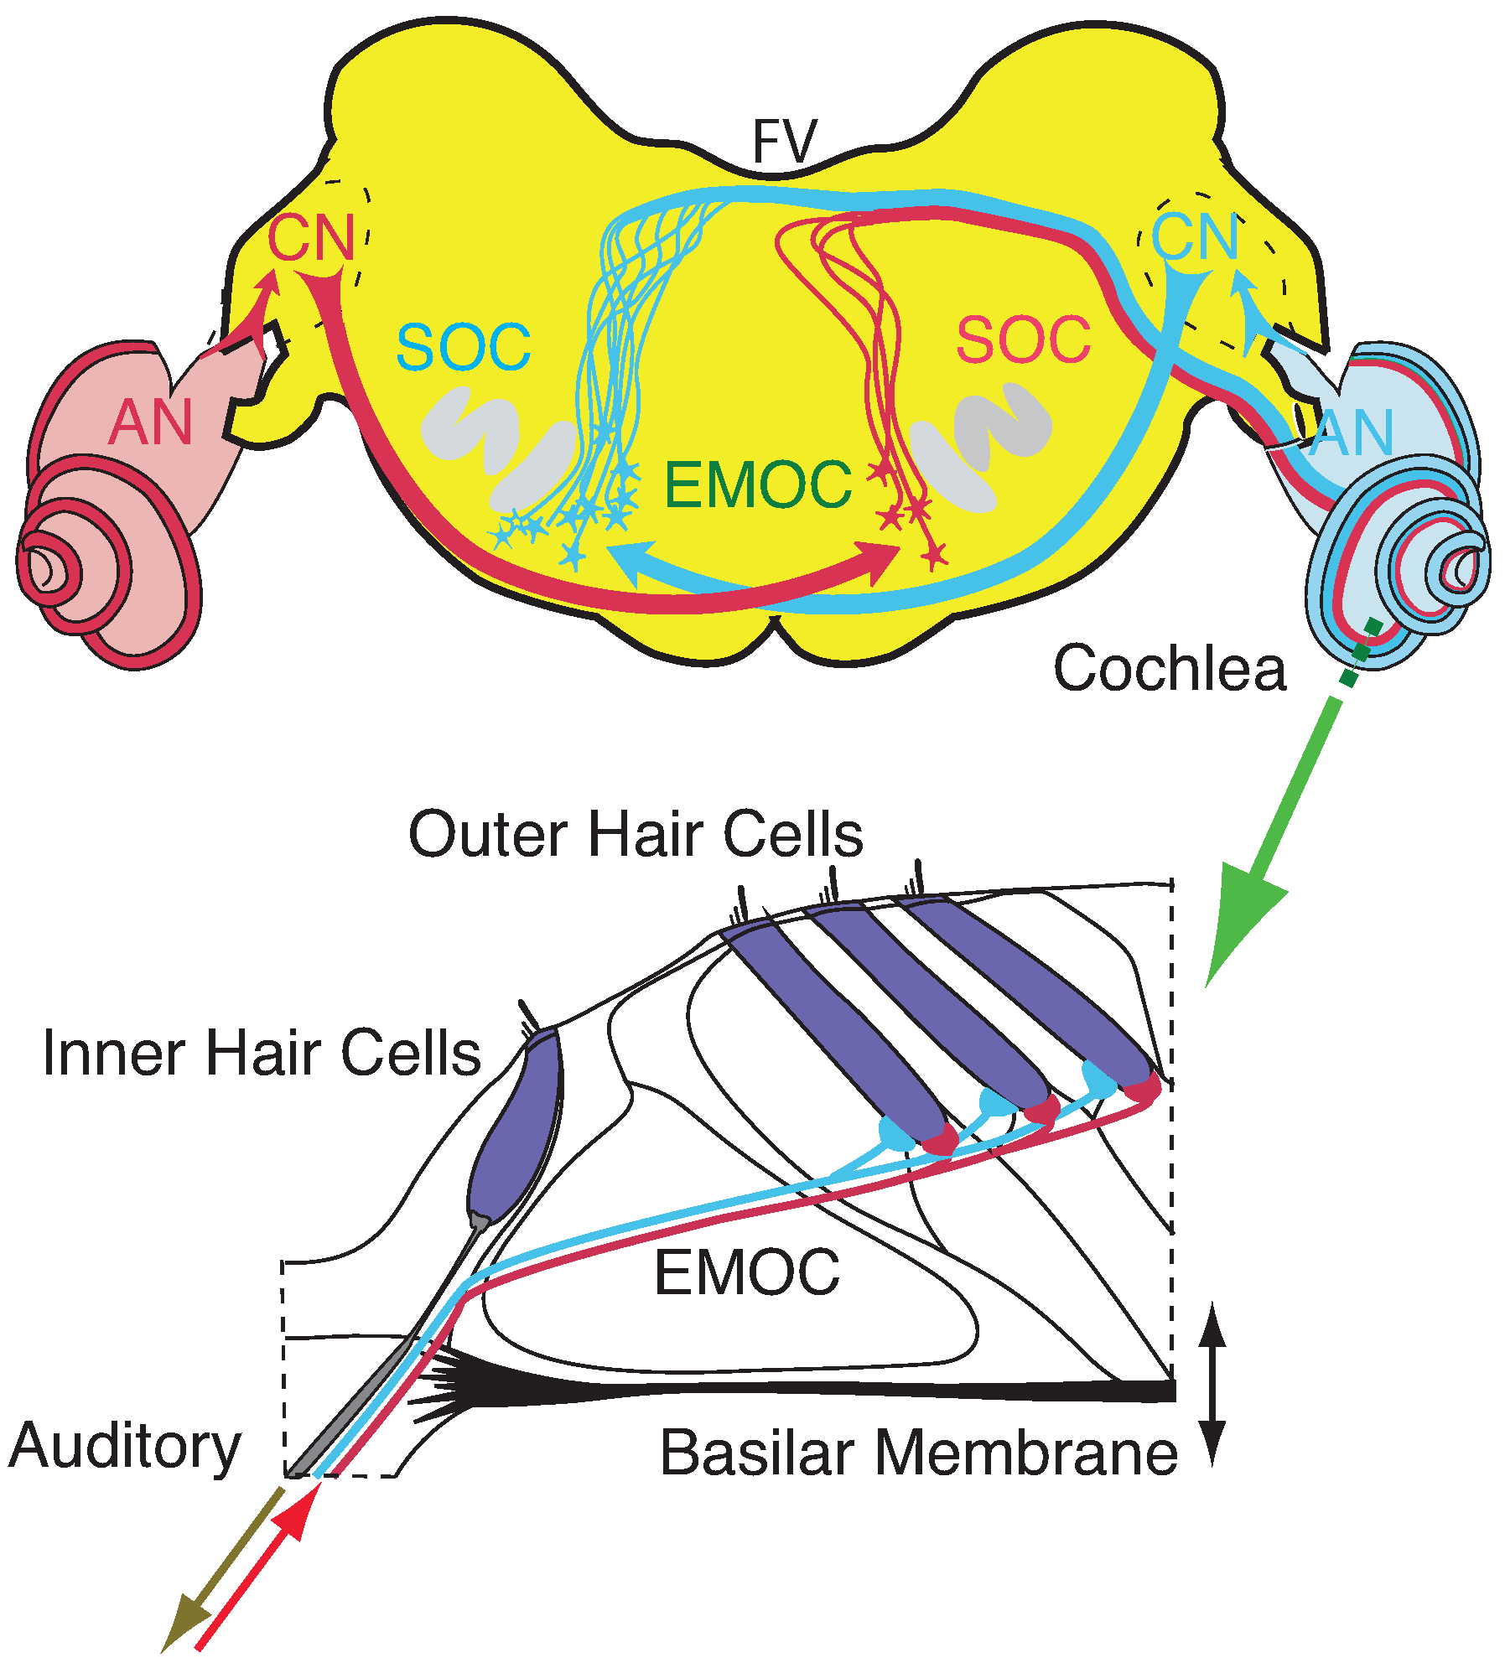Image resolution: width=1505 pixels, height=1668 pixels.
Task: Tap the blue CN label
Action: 1195,238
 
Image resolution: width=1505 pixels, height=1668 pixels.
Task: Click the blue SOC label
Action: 463,347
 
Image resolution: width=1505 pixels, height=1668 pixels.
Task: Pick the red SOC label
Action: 1023,339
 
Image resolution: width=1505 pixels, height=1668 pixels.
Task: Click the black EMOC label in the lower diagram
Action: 746,1272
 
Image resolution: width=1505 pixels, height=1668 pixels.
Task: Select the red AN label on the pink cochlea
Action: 151,422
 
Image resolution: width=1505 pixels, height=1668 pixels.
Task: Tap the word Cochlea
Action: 1169,669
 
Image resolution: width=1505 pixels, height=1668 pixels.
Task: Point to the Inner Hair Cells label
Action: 262,1053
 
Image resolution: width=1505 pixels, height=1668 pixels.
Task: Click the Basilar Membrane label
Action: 919,1453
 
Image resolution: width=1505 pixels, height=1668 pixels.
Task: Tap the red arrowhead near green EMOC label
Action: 880,562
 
